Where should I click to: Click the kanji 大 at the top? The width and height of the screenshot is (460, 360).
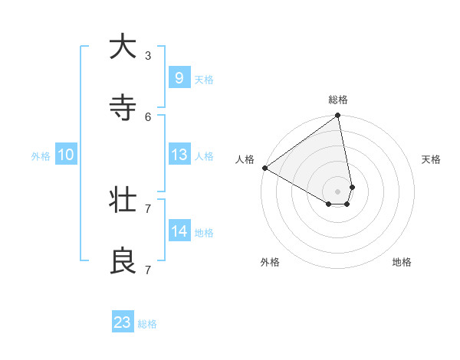click(122, 47)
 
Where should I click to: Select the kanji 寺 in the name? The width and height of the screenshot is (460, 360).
click(122, 108)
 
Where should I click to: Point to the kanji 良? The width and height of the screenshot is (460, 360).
click(122, 261)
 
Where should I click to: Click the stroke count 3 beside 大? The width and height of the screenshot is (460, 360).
click(148, 55)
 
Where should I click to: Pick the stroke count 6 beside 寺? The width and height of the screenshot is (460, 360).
click(148, 116)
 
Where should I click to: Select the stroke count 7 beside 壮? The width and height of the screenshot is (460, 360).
click(148, 208)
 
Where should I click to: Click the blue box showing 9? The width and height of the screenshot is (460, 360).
click(179, 78)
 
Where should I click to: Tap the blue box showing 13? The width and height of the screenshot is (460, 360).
click(179, 155)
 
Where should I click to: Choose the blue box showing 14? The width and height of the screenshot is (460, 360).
click(179, 231)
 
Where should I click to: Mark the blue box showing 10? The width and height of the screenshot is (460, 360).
click(66, 155)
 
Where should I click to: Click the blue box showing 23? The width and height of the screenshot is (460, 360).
click(123, 322)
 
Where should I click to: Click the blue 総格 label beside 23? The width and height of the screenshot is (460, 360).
click(147, 324)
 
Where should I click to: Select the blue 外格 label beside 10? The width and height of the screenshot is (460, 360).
click(41, 155)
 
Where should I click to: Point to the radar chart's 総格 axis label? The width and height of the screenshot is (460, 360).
click(338, 100)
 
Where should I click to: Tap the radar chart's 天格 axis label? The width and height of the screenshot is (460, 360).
click(431, 159)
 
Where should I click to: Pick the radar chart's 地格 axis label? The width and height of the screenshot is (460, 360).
click(402, 262)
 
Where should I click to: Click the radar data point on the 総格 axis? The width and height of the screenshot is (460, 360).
click(338, 116)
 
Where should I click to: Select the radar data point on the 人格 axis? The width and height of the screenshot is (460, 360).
click(264, 168)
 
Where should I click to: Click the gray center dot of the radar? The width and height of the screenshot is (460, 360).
click(338, 191)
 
